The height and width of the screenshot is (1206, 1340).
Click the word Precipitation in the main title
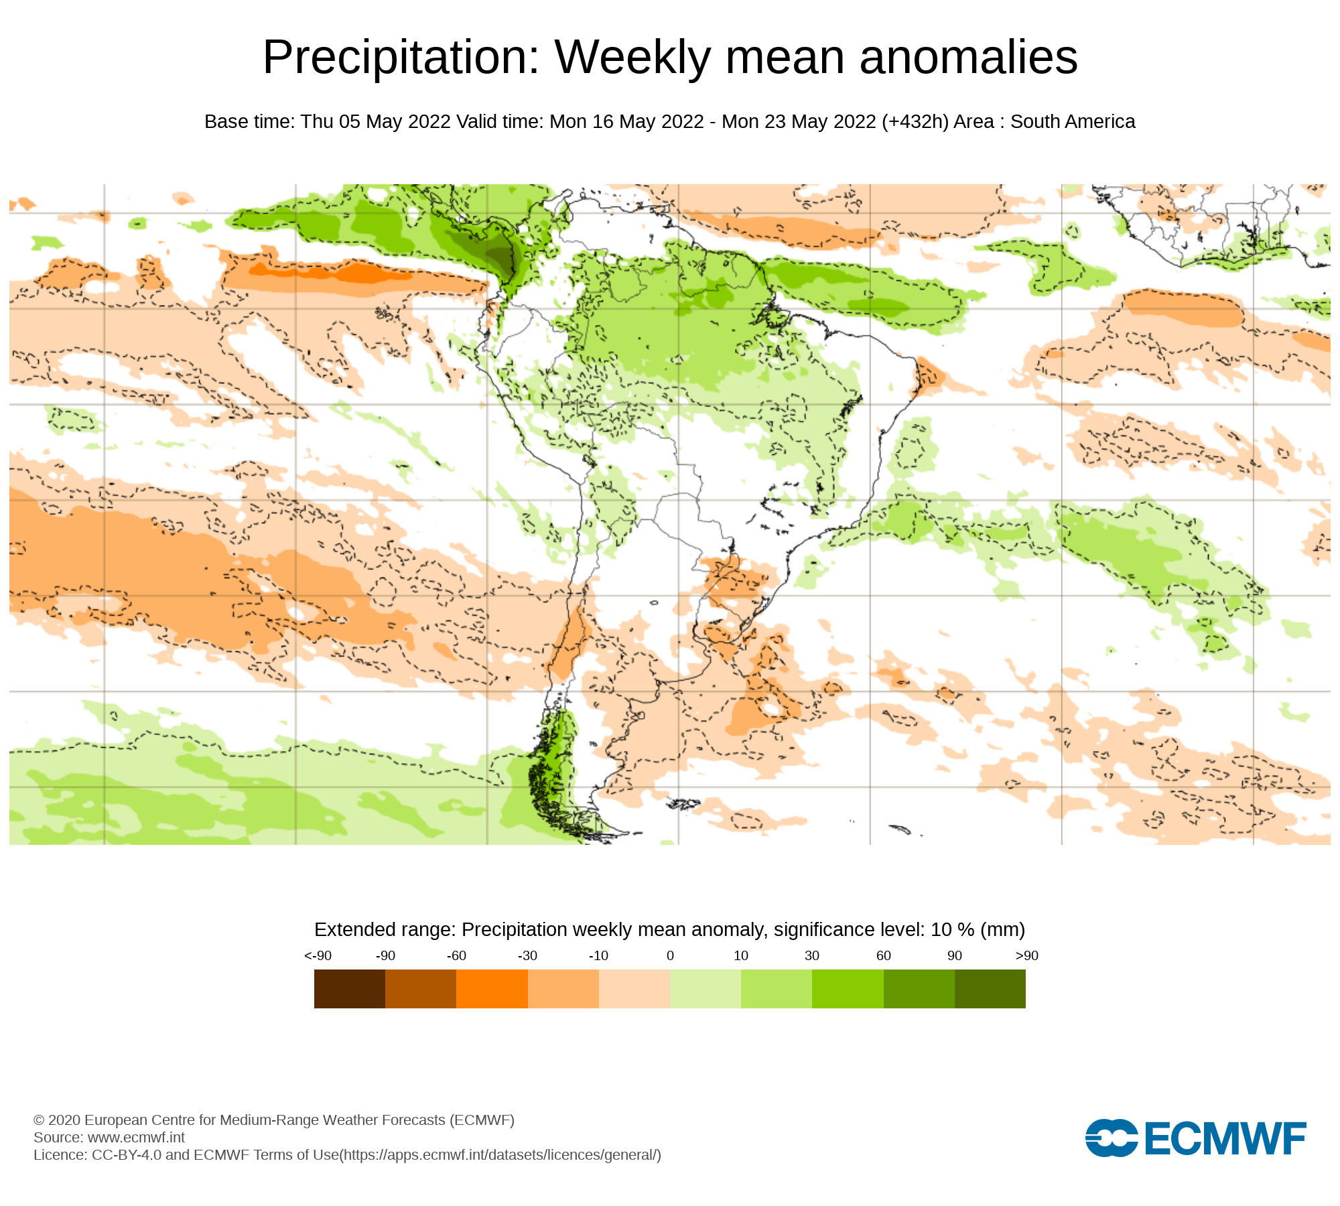pos(401,58)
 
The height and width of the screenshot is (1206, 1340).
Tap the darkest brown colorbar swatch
pos(349,989)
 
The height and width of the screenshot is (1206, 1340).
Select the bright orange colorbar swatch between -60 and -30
pos(492,989)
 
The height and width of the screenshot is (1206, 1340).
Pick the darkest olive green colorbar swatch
pos(990,989)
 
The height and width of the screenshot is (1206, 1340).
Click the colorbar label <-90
pos(318,955)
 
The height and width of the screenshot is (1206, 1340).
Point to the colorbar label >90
pos(1026,955)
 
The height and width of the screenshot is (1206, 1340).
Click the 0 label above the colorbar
pos(670,955)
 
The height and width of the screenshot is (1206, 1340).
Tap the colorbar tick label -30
pos(527,955)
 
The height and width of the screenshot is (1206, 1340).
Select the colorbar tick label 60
pos(884,955)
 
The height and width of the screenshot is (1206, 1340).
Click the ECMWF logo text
pos(1225,1138)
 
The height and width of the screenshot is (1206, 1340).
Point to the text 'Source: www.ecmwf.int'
pos(109,1137)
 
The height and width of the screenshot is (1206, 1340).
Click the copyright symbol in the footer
pos(39,1120)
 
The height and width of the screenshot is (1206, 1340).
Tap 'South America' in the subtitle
pos(1073,122)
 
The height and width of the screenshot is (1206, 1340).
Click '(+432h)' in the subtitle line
pos(915,122)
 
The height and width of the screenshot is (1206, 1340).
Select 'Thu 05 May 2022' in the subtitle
pos(375,122)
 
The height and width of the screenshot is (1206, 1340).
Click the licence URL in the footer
pos(500,1154)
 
